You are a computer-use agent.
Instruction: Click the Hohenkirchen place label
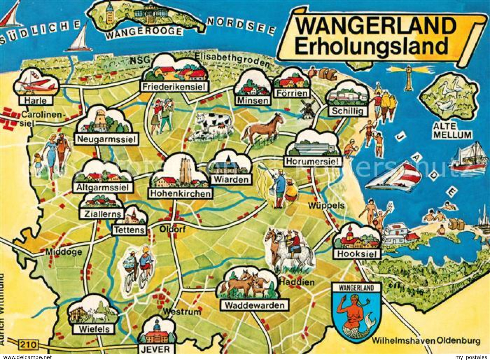180,193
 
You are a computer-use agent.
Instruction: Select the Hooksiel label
357,254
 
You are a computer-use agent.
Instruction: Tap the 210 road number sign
29,344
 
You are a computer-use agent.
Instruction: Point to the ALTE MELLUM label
452,131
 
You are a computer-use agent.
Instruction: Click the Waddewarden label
255,305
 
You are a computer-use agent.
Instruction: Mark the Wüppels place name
326,206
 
